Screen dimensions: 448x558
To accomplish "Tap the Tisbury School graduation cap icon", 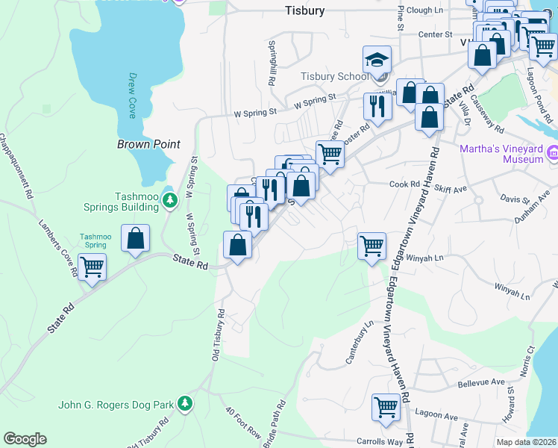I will pos(377,60).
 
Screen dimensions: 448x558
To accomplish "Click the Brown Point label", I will pos(149,144).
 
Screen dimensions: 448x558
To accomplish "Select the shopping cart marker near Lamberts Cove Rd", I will pos(93,267).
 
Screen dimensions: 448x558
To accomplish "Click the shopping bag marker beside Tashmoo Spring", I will pos(135,239).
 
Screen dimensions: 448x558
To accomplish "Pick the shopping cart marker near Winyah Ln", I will pos(372,244).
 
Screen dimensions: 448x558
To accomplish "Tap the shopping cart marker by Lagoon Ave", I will pos(386,407).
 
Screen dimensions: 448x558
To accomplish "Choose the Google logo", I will pos(25,439).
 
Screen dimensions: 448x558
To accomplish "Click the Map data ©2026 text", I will pos(526,442).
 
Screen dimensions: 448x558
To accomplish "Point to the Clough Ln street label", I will pos(425,10).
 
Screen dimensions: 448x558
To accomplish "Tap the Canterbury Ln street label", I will pos(359,343).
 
